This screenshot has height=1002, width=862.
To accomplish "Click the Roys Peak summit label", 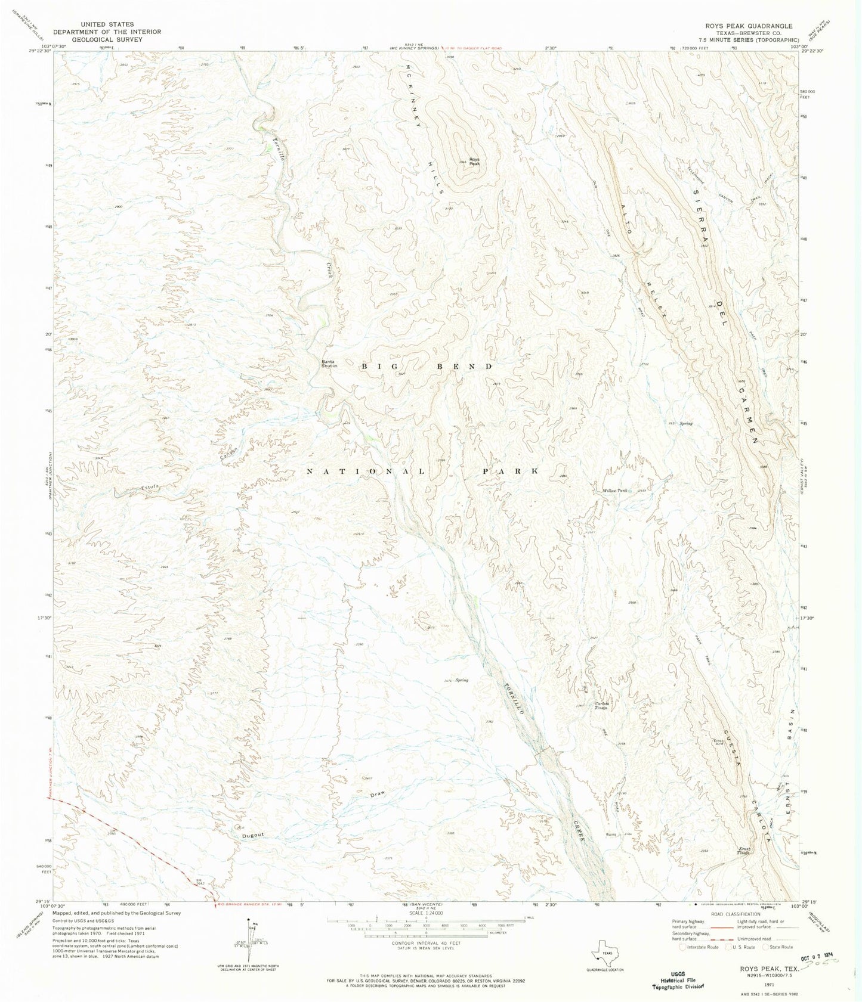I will pyautogui.click(x=474, y=161).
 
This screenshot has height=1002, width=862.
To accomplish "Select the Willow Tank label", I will pyautogui.click(x=615, y=491).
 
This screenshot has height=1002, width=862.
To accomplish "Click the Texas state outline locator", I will pyautogui.click(x=603, y=951).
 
